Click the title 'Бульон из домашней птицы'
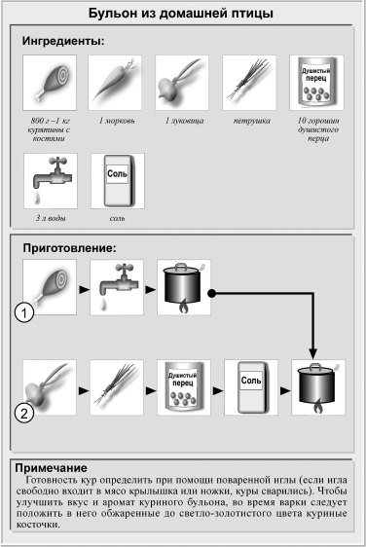coord(180,14)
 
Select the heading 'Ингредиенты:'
coord(63,41)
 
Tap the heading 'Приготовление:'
coord(69,248)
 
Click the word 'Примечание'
coord(51,468)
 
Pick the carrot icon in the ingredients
coord(115,83)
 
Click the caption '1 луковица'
coord(184,121)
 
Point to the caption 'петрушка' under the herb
coord(251,121)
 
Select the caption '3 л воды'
coord(51,218)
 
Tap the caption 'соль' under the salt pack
coord(117,218)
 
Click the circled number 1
coord(24,312)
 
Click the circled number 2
coord(24,414)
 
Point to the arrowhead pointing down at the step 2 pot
coord(313,353)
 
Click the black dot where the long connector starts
coord(212,293)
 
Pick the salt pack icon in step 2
coord(251,387)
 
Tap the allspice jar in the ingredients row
coord(316,83)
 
